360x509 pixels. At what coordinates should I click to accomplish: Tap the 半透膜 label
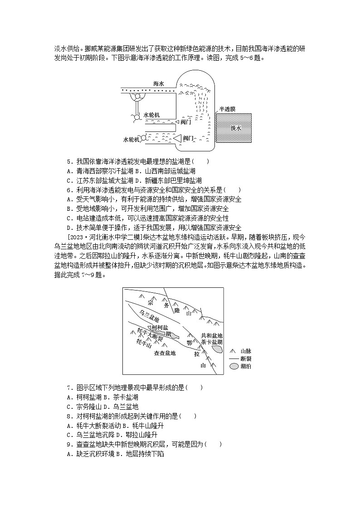[227, 109]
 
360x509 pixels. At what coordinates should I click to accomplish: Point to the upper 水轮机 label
[151, 115]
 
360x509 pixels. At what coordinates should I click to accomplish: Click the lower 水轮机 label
[132, 140]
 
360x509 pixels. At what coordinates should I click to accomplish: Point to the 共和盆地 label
[212, 335]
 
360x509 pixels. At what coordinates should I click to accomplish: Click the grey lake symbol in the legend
[234, 366]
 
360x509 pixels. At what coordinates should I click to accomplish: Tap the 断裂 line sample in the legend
[233, 359]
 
